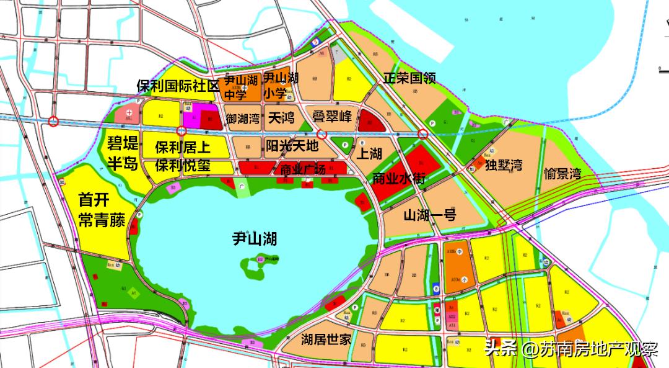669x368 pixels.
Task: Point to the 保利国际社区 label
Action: click(x=178, y=86)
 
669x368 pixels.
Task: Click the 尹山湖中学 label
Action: click(x=240, y=88)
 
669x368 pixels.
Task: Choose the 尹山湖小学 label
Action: click(x=281, y=85)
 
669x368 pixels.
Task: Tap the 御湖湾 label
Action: click(x=242, y=117)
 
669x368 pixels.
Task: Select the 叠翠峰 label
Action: click(x=331, y=117)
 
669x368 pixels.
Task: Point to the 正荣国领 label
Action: click(x=409, y=78)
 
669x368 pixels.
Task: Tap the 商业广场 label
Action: click(x=303, y=170)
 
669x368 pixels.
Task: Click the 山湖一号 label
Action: click(x=430, y=215)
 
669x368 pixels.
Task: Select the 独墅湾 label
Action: click(x=504, y=165)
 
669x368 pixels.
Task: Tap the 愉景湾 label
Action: click(x=562, y=173)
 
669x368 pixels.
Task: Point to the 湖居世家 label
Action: click(x=326, y=339)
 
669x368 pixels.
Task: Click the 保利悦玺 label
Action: click(x=182, y=166)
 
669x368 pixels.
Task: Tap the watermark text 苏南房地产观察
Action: click(x=598, y=349)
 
